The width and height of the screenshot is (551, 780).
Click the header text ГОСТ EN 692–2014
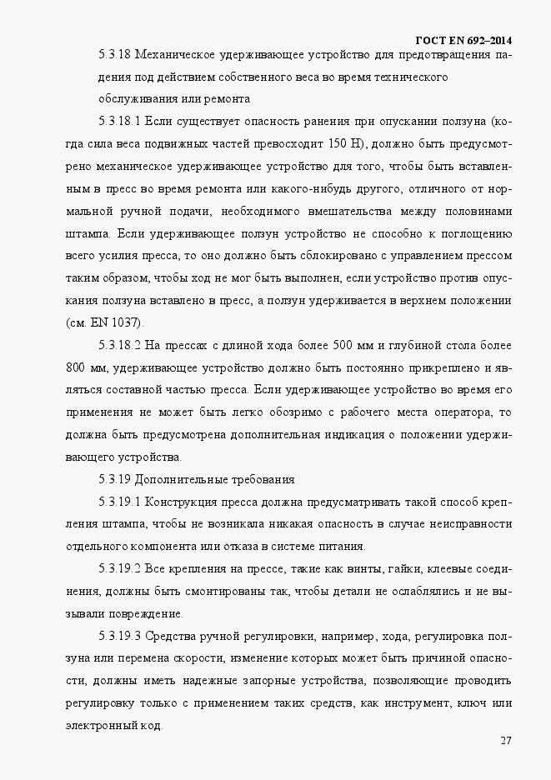[463, 41]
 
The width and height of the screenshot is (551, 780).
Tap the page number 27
[505, 741]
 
